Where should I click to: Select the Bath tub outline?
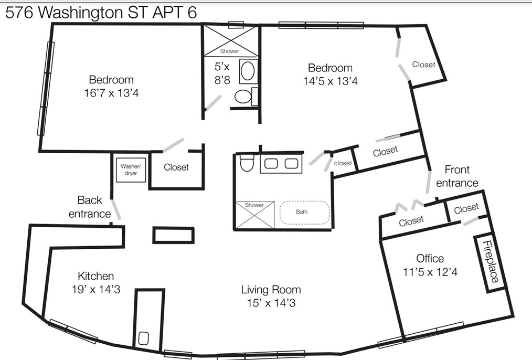304,213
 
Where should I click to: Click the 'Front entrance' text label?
456,176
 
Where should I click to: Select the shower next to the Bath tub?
254,215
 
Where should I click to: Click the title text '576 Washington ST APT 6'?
101,13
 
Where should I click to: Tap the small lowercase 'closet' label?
343,163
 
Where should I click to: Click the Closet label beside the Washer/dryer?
176,167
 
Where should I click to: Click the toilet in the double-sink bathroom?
246,163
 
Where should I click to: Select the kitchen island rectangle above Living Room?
173,235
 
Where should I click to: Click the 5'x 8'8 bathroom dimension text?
222,73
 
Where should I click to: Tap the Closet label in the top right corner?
423,65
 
